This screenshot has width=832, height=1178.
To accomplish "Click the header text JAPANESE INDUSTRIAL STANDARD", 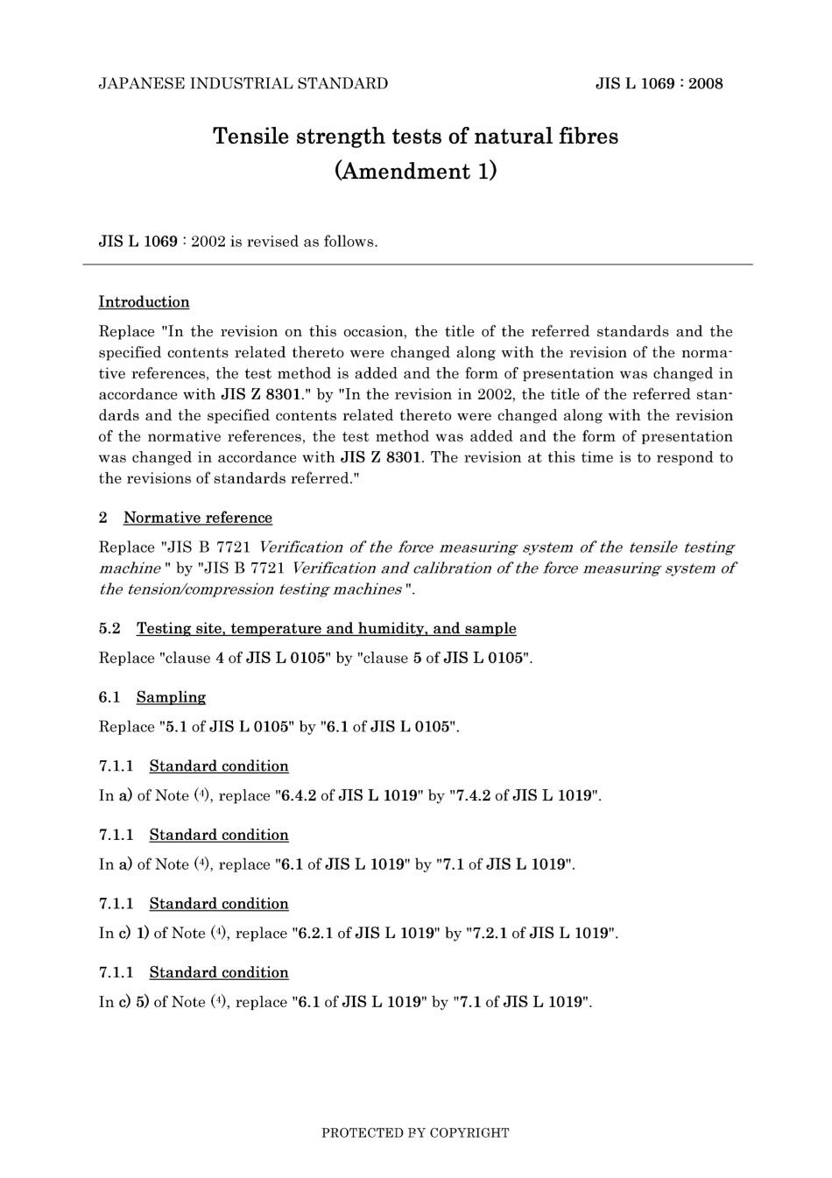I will [x=243, y=84].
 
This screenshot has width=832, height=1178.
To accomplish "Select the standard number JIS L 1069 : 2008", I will [x=659, y=84].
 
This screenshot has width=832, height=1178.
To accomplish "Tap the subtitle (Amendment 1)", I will [x=415, y=171].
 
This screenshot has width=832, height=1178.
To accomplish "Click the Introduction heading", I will [x=144, y=302].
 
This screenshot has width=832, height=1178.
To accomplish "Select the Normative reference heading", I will [x=197, y=518].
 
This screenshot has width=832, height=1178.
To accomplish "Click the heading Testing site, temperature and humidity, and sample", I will [x=326, y=629].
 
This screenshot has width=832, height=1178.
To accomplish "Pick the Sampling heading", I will [x=171, y=698].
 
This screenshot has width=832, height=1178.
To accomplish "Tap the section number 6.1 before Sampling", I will [x=109, y=698].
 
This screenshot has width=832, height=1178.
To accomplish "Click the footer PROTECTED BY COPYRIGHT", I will [x=415, y=1133].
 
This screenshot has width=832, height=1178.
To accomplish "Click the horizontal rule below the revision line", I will [x=418, y=264].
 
